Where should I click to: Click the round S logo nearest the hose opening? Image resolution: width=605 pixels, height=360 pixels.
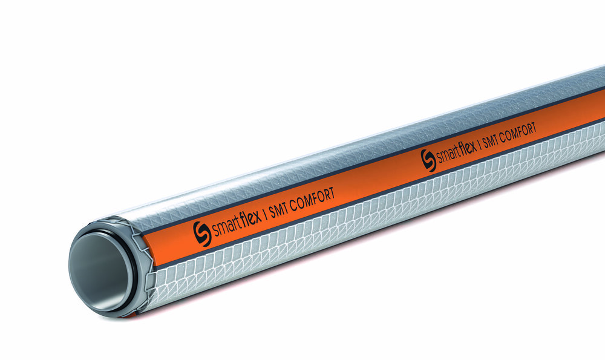coord(202,233)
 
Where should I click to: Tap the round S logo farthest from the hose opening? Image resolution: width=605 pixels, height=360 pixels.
coord(428,160)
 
